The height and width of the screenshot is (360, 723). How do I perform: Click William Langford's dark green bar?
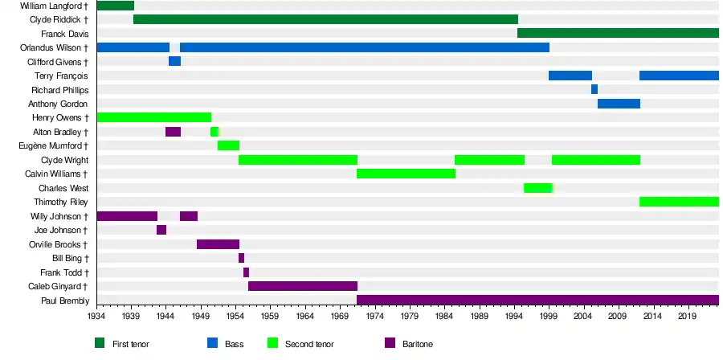(115, 6)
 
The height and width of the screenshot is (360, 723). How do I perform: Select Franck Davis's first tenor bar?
(617, 34)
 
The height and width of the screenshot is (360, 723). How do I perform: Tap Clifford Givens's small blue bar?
(174, 62)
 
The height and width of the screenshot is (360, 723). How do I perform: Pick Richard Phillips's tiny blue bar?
(594, 89)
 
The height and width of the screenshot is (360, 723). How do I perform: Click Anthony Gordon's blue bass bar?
(619, 104)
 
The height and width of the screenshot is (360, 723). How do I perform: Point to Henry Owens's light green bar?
(153, 117)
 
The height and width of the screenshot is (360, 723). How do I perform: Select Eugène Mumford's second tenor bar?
(228, 145)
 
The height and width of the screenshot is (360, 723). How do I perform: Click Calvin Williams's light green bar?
(406, 174)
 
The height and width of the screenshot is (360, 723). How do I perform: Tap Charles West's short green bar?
(538, 188)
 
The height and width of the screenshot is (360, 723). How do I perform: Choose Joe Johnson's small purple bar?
(161, 230)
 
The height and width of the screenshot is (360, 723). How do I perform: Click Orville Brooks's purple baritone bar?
(218, 244)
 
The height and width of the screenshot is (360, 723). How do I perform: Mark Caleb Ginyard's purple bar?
(303, 286)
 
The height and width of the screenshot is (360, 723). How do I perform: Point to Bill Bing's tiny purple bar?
(241, 258)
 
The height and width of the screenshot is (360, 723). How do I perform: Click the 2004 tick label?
(582, 317)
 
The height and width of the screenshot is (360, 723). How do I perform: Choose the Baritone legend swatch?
(390, 343)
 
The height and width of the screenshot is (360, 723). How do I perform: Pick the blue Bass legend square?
(212, 343)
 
